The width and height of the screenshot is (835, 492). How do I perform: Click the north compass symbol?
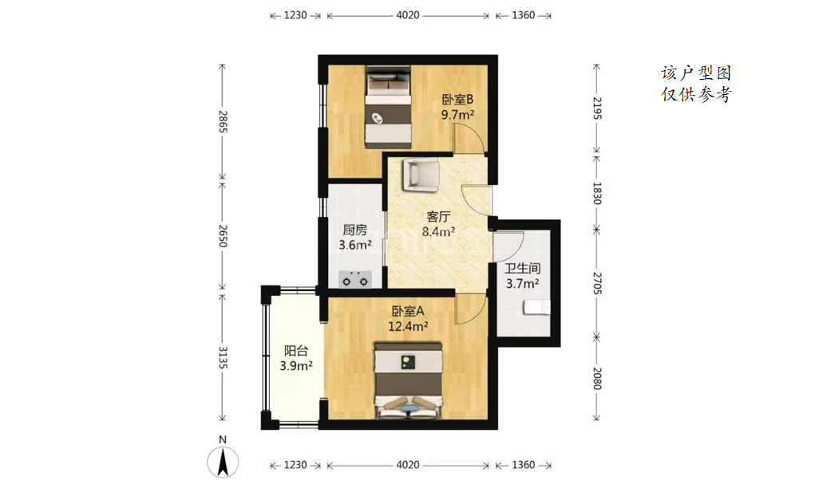click(x=224, y=462)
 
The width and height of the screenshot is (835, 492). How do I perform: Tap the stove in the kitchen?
click(x=355, y=280)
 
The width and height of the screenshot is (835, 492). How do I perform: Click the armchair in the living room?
click(x=421, y=175)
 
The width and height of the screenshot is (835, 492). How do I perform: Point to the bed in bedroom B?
click(x=388, y=107)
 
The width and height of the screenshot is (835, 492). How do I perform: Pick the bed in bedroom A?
click(x=409, y=380)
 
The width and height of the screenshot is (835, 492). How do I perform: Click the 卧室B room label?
click(x=457, y=100)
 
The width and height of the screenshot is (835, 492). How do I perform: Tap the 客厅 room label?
click(x=438, y=216)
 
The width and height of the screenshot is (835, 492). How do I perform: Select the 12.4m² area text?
click(x=408, y=326)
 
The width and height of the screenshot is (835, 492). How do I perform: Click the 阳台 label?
click(x=296, y=351)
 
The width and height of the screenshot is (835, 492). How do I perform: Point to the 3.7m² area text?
click(x=522, y=284)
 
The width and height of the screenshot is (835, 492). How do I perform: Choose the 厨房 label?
click(x=354, y=230)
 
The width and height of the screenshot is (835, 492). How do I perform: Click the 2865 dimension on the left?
click(x=224, y=122)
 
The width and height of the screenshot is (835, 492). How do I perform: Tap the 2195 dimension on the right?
click(x=597, y=108)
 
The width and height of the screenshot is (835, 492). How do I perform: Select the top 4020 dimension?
click(x=408, y=15)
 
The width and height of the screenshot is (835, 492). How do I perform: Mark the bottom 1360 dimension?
click(x=524, y=465)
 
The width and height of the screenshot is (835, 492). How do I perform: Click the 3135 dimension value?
click(x=224, y=358)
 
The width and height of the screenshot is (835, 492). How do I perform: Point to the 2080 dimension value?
click(x=597, y=378)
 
